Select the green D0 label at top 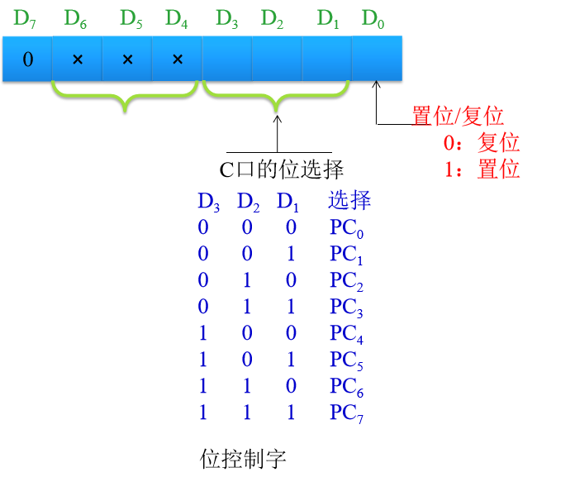coord(373,19)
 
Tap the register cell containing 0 coord(27,60)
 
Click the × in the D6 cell coord(78,60)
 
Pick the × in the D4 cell coord(178,60)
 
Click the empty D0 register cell coord(377,60)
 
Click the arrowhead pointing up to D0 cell coord(377,85)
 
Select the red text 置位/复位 coord(457,117)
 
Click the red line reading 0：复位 coord(481,143)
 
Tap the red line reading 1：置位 coord(481,169)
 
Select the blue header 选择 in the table coord(349,200)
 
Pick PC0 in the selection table coord(347,229)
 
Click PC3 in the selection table coord(347,308)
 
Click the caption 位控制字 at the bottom coord(243,458)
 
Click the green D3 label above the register coord(226,19)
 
